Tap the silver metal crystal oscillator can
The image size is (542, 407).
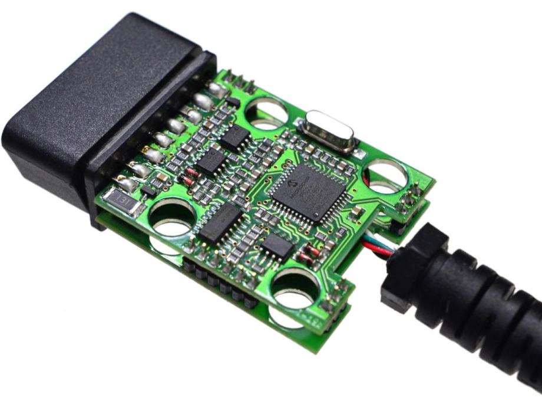[x=328, y=131]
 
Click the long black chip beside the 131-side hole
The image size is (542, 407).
[x=219, y=224]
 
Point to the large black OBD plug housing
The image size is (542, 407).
[x=88, y=106]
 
